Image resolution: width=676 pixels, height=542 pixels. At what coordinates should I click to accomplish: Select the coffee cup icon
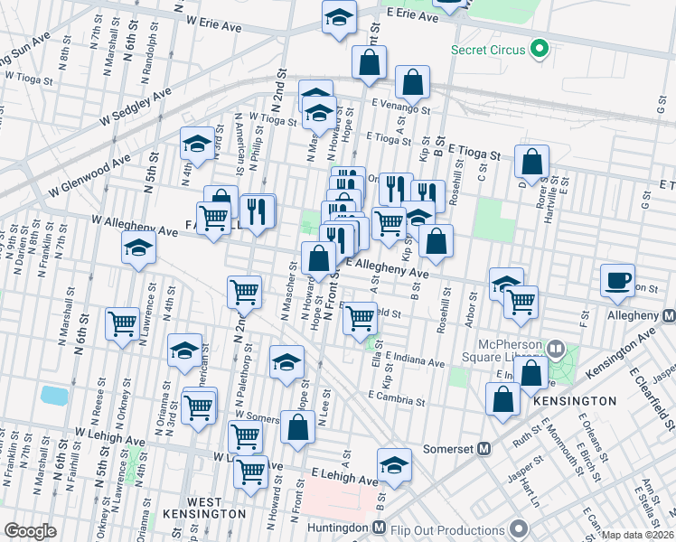[617, 279]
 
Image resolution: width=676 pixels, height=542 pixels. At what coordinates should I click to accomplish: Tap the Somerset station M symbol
[484, 448]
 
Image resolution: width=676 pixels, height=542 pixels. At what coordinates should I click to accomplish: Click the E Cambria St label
[397, 397]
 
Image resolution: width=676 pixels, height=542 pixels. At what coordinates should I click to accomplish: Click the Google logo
[30, 531]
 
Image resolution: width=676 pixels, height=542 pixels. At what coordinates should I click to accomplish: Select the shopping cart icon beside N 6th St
[121, 323]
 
